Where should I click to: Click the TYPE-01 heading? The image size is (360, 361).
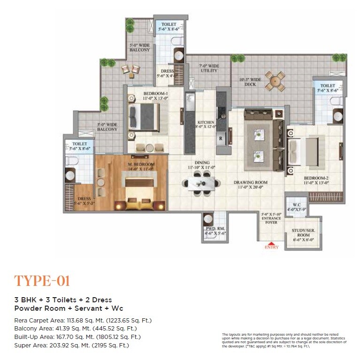point(42,281)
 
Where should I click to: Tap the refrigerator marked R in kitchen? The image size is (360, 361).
point(221,138)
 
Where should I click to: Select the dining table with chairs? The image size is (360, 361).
point(201,182)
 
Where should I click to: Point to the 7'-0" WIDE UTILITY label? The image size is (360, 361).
point(209,68)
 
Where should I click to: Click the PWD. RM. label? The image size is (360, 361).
point(215,231)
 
